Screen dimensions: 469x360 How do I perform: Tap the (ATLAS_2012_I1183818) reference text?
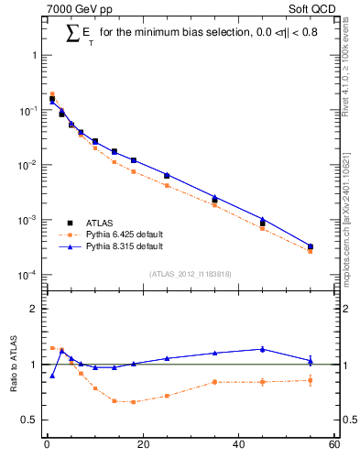pyautogui.click(x=190, y=274)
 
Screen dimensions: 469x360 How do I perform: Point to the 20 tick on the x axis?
pyautogui.click(x=142, y=446)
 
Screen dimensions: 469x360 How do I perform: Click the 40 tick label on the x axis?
pyautogui.click(x=238, y=446)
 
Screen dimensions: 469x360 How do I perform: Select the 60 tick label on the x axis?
pyautogui.click(x=334, y=446)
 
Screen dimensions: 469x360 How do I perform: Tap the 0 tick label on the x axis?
pyautogui.click(x=46, y=446)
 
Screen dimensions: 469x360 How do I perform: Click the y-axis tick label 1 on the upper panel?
pyautogui.click(x=34, y=55)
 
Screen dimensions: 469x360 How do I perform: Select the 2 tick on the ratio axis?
pyautogui.click(x=34, y=309)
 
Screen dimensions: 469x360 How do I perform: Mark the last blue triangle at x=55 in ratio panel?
pyautogui.click(x=311, y=361)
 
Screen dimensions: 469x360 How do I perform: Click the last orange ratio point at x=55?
pyautogui.click(x=311, y=380)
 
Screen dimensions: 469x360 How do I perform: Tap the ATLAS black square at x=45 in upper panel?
pyautogui.click(x=262, y=223)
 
